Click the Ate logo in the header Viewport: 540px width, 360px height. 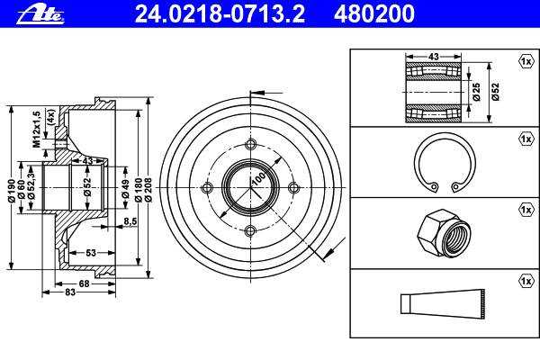point(40,15)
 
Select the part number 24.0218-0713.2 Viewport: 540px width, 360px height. point(220,14)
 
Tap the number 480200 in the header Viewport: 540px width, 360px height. point(374,14)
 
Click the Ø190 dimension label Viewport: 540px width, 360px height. point(12,191)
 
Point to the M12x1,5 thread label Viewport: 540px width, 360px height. point(37,130)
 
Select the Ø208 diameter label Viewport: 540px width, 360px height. point(148,190)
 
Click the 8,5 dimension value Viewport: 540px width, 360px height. point(130,221)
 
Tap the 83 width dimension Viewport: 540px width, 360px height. point(70,292)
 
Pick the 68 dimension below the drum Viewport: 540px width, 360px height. point(84,283)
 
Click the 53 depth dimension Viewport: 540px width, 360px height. point(91,253)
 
